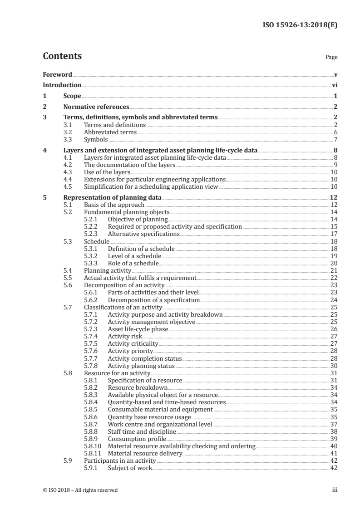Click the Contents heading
62,57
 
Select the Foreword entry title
57,74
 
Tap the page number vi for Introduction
335,85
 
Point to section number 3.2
67,132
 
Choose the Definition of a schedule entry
141,249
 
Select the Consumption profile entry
137,439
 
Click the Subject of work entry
129,468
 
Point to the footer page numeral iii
334,490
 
